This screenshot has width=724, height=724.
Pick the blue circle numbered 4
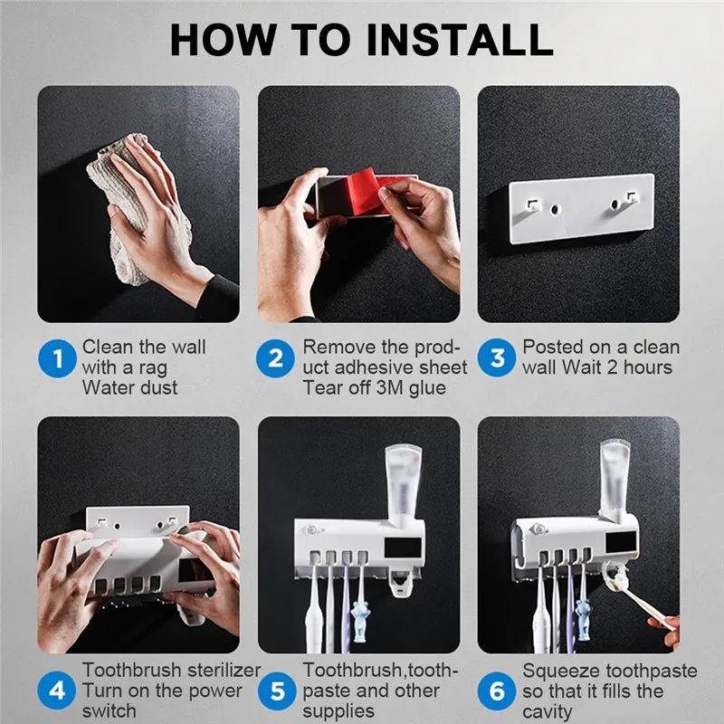pos(58,691)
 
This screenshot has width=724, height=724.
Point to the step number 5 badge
pos(276,691)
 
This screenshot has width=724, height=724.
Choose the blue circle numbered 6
pos(497,691)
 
